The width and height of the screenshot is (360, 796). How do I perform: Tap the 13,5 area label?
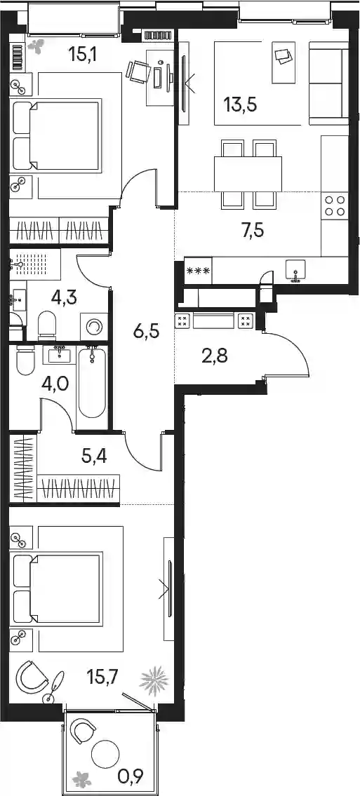tap(240, 106)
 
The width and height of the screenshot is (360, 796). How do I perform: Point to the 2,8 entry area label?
tap(214, 356)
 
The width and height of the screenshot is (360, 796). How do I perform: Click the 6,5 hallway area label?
tap(147, 333)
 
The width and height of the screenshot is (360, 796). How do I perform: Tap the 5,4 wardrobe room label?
tap(94, 456)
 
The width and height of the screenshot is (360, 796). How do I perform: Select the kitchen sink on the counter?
tap(295, 269)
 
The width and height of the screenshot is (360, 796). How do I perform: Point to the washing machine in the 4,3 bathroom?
tap(94, 326)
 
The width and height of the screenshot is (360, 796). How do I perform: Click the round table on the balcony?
tap(105, 755)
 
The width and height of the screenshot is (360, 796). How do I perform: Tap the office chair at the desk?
tap(137, 71)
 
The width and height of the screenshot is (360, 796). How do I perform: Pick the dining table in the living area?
tap(248, 173)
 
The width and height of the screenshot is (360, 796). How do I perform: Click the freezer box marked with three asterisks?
tap(197, 270)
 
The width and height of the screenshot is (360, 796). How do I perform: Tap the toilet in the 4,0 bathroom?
tap(25, 360)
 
